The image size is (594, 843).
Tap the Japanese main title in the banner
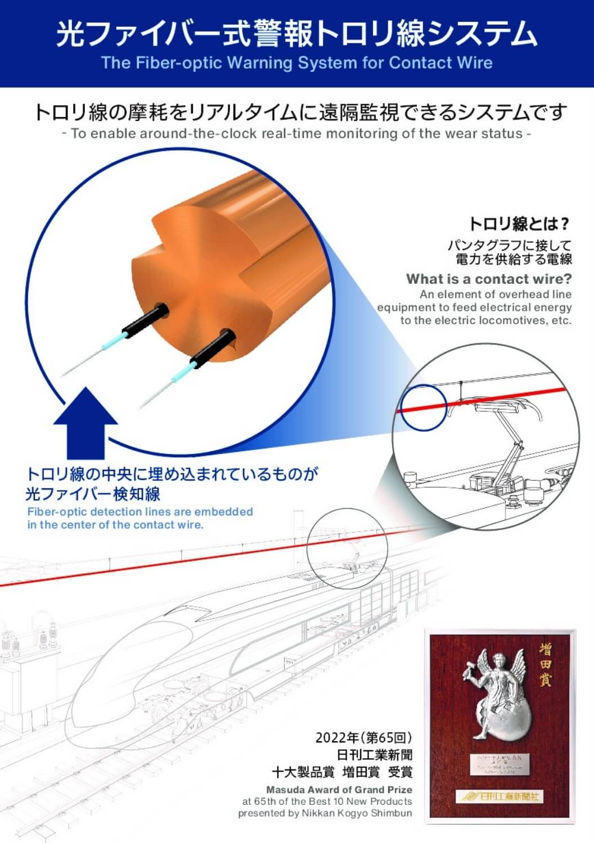pyautogui.click(x=296, y=34)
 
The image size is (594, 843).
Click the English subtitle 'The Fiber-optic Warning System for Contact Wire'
pyautogui.click(x=296, y=62)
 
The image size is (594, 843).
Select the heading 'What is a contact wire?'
pyautogui.click(x=489, y=279)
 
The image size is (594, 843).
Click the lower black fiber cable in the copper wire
pyautogui.click(x=212, y=346)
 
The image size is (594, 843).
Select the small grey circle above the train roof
pyautogui.click(x=348, y=548)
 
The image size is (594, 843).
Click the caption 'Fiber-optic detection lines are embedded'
pyautogui.click(x=140, y=512)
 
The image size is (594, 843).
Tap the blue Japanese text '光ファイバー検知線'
pyautogui.click(x=93, y=493)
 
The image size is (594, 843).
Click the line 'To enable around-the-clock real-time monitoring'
pyautogui.click(x=296, y=134)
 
